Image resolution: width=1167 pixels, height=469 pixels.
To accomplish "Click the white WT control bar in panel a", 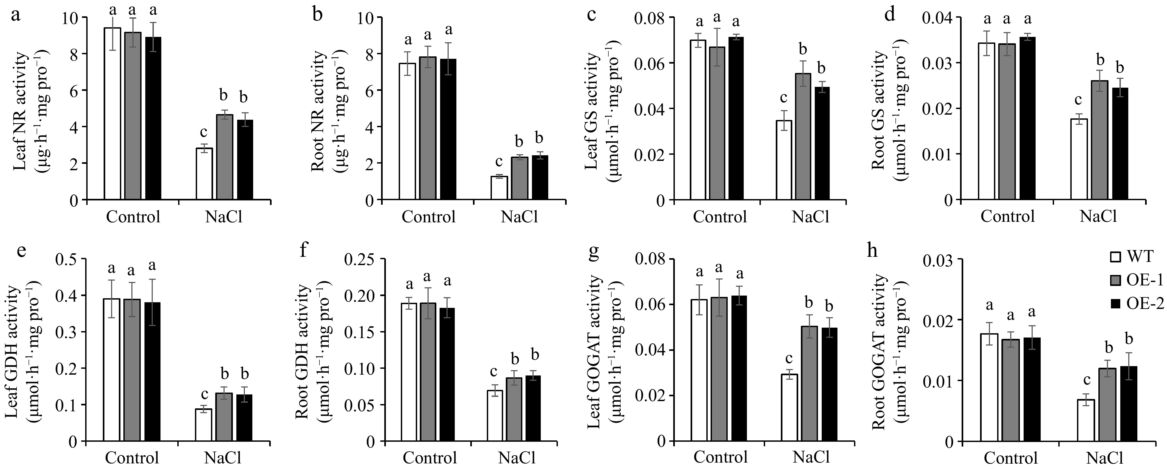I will (x=112, y=113).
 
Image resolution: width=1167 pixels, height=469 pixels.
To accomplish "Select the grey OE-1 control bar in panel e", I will (x=132, y=376).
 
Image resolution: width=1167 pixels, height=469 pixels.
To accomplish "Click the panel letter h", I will (x=872, y=251).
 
